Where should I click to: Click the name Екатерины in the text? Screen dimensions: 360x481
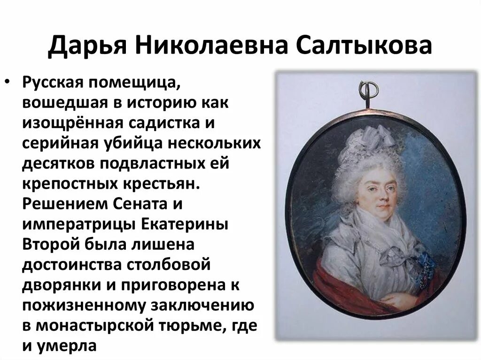[x=186, y=224]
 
